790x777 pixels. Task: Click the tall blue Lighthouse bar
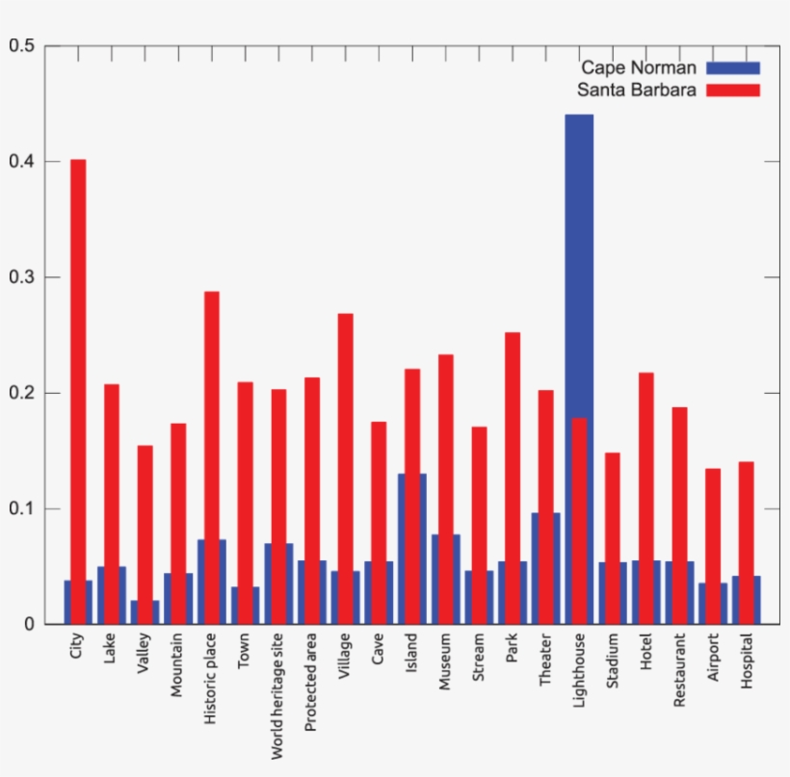579,260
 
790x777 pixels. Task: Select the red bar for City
78,385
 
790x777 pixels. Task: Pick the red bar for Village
345,433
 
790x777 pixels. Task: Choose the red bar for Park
512,433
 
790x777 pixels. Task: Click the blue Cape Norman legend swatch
732,67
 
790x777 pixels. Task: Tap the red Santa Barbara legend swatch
732,91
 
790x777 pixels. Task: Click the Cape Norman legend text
638,67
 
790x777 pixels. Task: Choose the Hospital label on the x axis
747,664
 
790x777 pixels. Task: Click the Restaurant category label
680,671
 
